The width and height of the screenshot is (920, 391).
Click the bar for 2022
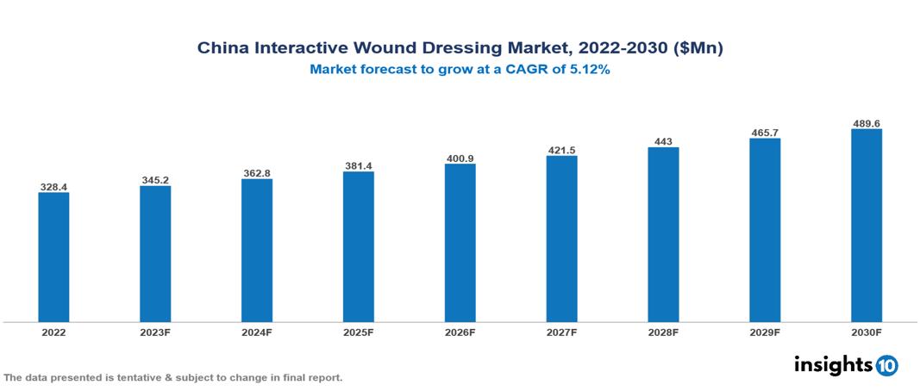point(53,257)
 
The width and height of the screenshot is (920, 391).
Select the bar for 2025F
point(359,246)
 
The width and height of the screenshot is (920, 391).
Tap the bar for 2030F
point(867,226)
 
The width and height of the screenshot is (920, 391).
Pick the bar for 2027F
point(561,239)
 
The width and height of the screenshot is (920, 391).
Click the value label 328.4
point(53,186)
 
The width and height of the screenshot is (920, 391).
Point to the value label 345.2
point(155,180)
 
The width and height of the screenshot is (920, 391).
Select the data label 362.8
point(257,173)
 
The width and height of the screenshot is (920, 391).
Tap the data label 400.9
point(460,158)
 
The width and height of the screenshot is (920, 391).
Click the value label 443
point(663,141)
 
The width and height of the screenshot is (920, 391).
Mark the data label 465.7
point(765,133)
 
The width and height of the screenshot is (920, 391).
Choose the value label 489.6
point(867,123)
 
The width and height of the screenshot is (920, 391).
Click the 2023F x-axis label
point(155,332)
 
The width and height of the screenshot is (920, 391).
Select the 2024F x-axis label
point(257,332)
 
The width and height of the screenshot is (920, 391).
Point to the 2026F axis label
point(460,332)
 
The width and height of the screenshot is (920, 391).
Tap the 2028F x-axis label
point(663,332)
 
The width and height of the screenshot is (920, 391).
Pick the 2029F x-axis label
point(765,332)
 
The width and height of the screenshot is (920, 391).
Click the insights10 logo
point(845,364)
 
